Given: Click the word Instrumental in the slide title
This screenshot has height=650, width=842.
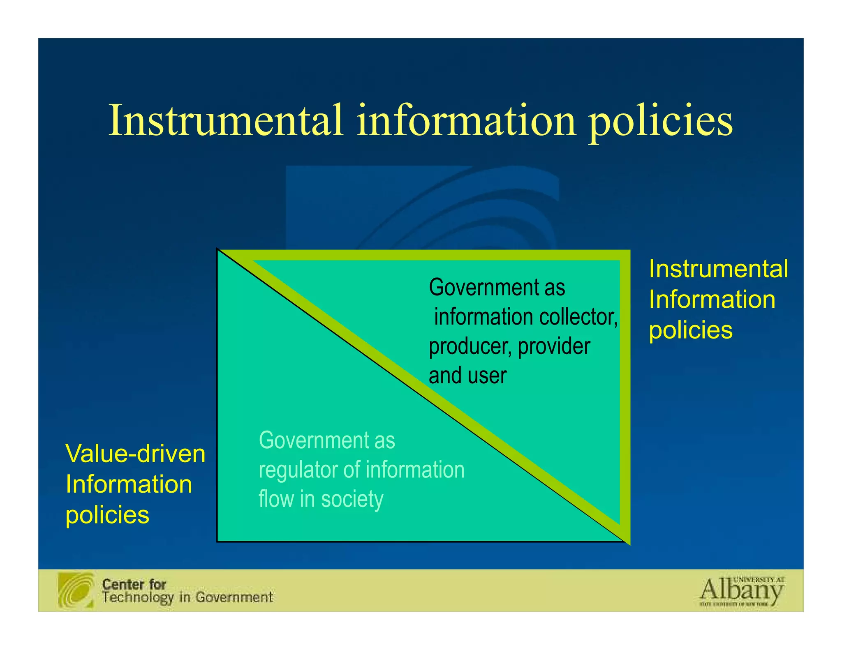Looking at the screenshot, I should pos(225,120).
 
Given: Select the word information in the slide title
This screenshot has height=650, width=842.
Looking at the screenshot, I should pos(466,120).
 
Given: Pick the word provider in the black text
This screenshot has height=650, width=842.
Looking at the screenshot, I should pos(554,346).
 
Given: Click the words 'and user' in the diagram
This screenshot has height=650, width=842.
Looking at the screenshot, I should pos(467,376).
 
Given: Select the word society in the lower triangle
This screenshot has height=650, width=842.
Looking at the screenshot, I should pos(352,499).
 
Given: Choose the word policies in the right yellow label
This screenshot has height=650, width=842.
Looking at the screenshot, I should pos(691,330).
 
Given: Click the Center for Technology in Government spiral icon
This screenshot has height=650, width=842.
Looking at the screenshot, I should pos(76,590).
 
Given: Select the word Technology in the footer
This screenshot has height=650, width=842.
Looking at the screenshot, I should pos(138,598).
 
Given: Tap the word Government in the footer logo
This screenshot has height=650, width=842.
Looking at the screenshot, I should pos(234,597).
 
